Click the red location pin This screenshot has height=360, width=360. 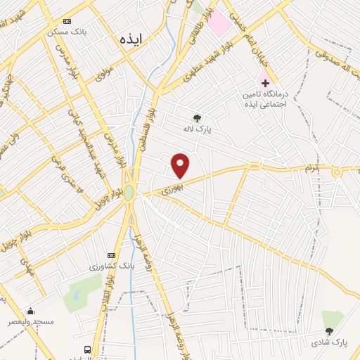pyautogui.click(x=181, y=165)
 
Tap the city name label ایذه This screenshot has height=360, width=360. pyautogui.click(x=130, y=39)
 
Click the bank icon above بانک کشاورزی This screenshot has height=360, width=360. pyautogui.click(x=110, y=255)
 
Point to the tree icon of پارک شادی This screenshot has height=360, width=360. pyautogui.click(x=328, y=331)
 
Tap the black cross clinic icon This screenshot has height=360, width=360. pyautogui.click(x=264, y=83)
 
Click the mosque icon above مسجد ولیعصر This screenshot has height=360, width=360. pyautogui.click(x=30, y=310)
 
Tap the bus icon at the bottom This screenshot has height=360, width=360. pyautogui.click(x=87, y=349)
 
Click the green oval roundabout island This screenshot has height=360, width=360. pyautogui.click(x=129, y=193)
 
